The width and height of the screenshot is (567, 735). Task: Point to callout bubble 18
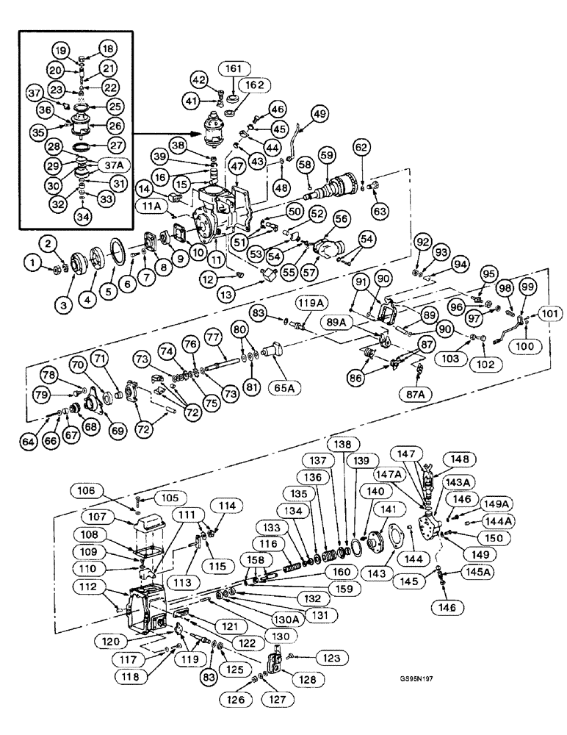tap(108, 49)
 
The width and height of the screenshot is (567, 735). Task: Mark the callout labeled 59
tap(326, 156)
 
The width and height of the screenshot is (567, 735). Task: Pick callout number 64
tap(29, 441)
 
